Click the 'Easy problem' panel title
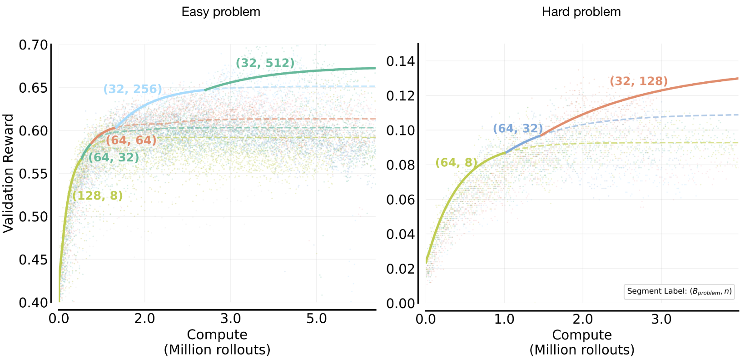pos(221,12)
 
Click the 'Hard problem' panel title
pos(581,12)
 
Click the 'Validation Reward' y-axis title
pos(8,174)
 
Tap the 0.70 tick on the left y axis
pos(33,45)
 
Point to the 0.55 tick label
pos(33,174)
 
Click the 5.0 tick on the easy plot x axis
pos(316,319)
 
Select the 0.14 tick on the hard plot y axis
pos(400,61)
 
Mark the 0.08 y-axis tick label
pos(400,165)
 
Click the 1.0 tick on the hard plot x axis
pos(504,319)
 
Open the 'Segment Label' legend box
pos(679,291)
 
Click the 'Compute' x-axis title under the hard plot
pos(581,335)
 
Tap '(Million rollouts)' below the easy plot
pos(217,350)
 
